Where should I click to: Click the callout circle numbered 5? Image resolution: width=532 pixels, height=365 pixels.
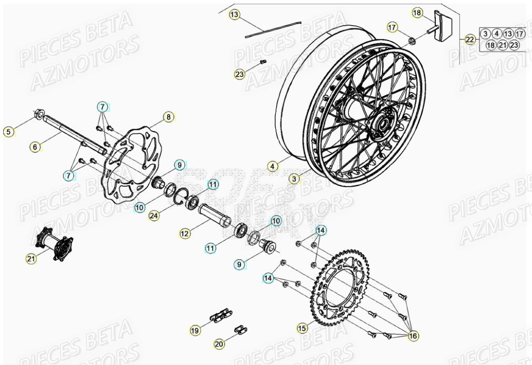click(8, 132)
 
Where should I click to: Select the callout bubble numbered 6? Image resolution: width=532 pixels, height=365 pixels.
click(35, 147)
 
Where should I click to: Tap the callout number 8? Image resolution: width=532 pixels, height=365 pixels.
click(168, 117)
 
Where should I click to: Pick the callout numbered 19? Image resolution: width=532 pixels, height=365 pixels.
click(195, 330)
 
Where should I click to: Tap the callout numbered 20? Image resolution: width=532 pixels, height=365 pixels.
click(219, 343)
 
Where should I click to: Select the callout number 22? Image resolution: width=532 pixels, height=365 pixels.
click(469, 39)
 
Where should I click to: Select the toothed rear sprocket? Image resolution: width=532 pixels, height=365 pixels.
click(342, 284)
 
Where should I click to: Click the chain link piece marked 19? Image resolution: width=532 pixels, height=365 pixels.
click(218, 317)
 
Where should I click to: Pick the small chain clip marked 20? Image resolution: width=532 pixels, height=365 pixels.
click(241, 329)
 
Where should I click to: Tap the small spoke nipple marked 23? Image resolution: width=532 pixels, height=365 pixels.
click(263, 62)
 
